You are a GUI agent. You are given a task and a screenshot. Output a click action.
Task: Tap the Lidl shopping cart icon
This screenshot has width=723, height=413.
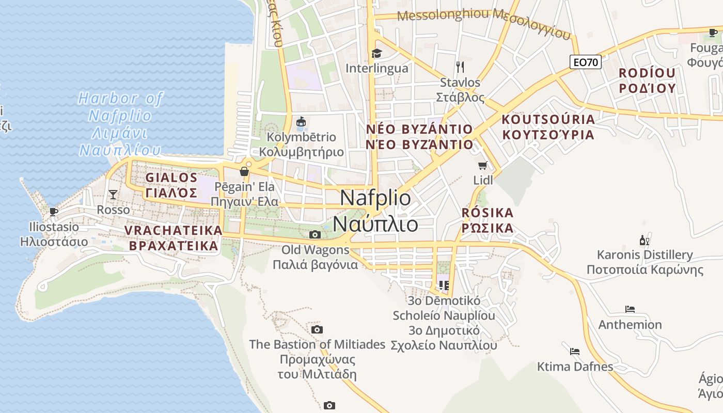tap(482, 165)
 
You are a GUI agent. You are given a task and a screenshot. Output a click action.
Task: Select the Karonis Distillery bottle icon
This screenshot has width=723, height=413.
tap(645, 240)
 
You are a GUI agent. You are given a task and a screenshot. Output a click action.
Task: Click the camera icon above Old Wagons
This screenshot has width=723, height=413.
tap(315, 235)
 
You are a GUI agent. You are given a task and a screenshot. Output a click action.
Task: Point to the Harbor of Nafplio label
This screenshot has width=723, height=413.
tap(120, 124)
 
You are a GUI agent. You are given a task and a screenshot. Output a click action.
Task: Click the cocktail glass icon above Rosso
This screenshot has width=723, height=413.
tap(113, 195)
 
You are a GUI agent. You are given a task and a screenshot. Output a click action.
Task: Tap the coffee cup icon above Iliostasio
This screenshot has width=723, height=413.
tap(53, 212)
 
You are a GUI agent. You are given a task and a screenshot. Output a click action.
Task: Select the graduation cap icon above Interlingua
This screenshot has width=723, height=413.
tap(376, 53)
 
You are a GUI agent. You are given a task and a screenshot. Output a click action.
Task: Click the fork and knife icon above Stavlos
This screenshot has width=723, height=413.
tap(460, 67)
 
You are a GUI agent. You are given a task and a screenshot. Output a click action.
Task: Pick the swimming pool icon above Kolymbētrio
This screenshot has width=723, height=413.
tap(301, 122)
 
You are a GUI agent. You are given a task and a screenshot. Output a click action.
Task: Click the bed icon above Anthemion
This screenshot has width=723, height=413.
tap(630, 309)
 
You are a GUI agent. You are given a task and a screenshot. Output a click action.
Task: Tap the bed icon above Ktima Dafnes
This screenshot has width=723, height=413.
tap(574, 352)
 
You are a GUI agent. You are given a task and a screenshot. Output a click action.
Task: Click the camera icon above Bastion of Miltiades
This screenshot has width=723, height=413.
tap(317, 329)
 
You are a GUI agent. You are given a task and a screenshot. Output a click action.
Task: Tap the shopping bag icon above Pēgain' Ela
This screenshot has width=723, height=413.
tap(244, 171)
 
